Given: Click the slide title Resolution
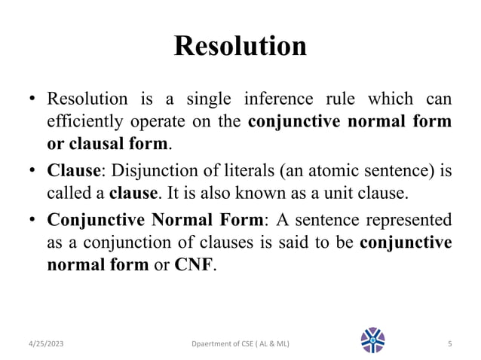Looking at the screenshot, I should tap(240, 47).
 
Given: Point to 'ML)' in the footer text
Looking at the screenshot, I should tap(280, 344).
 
